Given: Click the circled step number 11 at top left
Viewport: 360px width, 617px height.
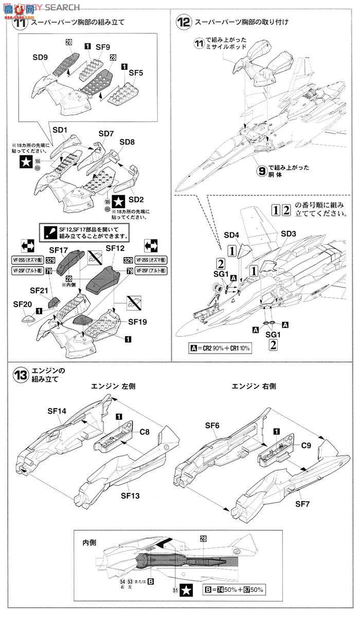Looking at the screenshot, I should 20,23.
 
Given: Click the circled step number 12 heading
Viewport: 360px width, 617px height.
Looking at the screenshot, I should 183,23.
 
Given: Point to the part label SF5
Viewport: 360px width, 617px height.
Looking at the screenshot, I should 136,72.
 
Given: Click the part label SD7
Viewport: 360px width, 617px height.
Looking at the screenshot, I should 106,134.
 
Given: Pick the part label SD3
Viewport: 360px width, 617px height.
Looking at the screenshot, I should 289,233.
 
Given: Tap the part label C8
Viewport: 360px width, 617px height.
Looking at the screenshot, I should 145,432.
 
